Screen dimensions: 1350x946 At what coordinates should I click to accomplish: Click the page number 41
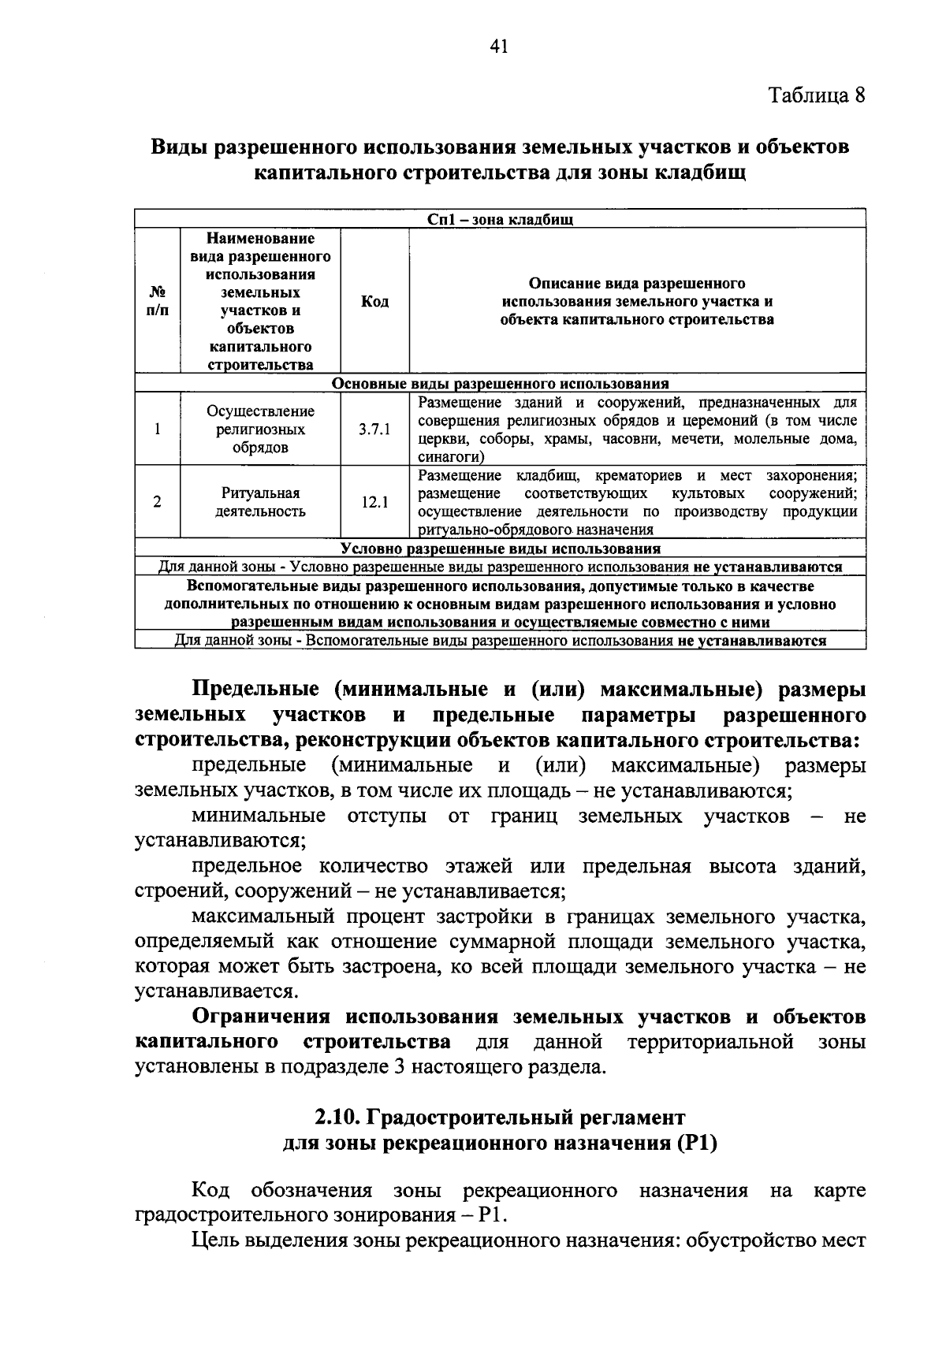(497, 46)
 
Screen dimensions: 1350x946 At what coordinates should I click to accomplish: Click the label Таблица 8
(817, 95)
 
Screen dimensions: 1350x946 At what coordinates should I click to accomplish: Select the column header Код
(374, 302)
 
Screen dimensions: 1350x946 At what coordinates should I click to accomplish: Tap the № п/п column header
(158, 302)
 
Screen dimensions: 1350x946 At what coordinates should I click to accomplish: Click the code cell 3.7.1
(374, 430)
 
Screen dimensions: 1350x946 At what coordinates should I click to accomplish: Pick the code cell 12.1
(374, 502)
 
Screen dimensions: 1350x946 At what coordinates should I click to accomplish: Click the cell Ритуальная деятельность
(260, 502)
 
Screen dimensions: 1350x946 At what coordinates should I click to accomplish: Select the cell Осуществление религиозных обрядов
(260, 430)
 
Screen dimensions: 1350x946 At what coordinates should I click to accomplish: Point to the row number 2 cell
(158, 502)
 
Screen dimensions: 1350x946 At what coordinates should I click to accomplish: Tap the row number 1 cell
(158, 430)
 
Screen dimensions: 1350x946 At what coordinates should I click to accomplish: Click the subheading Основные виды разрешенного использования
(500, 384)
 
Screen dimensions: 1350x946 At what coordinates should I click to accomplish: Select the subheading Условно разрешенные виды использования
(500, 549)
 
